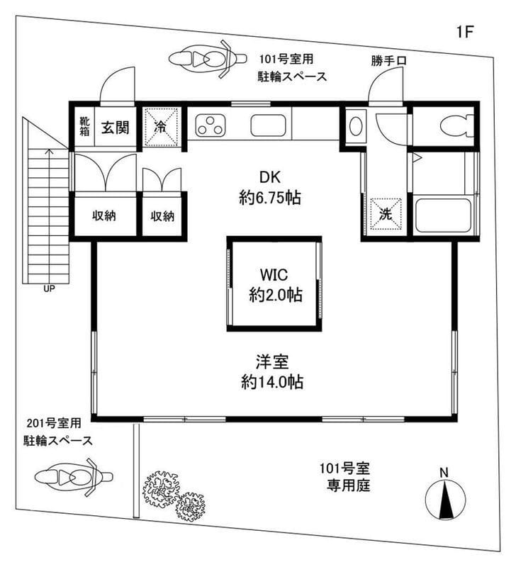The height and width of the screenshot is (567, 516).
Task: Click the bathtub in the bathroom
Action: (x=443, y=215)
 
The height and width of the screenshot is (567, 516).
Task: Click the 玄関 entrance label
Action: (x=113, y=128)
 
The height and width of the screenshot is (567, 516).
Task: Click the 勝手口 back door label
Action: (x=388, y=61)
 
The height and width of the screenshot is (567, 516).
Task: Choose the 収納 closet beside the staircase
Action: (x=104, y=216)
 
